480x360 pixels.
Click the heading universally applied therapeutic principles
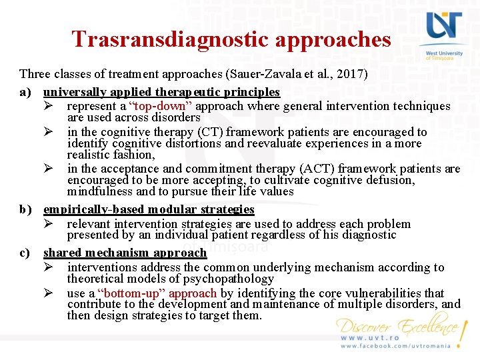(x=161, y=92)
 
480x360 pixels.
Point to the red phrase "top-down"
(x=157, y=107)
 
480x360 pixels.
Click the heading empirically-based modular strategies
(x=149, y=209)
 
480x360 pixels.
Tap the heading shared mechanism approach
(x=125, y=253)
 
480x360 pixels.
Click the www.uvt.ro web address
(x=371, y=338)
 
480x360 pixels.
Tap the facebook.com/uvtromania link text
(x=396, y=347)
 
